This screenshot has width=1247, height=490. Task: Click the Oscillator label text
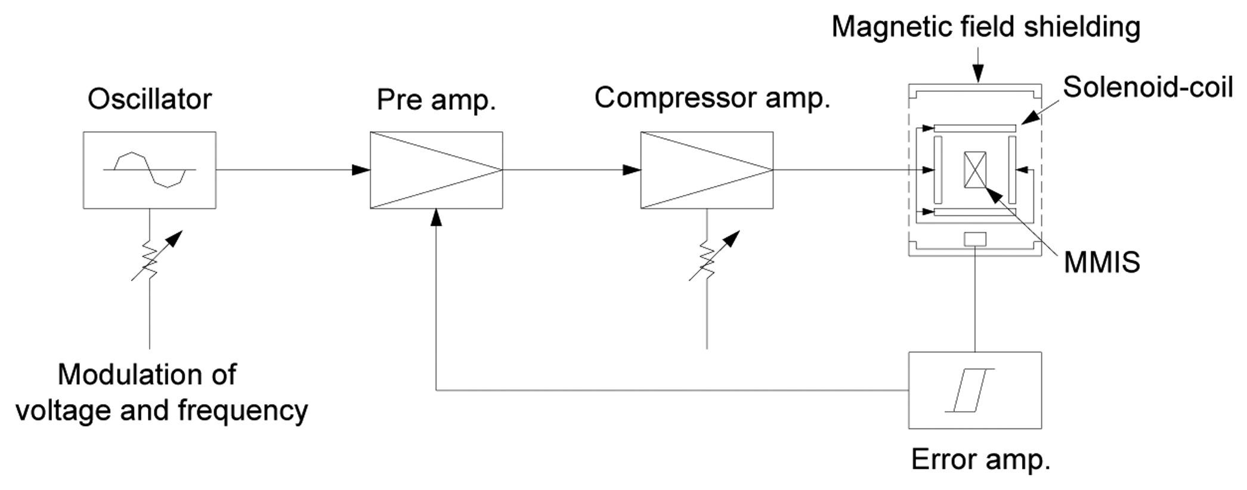tap(149, 99)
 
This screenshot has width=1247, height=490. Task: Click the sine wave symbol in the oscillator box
tap(150, 170)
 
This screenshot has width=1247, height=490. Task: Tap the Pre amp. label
tap(436, 100)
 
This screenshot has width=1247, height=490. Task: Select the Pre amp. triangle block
tap(436, 170)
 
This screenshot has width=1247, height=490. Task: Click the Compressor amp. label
tap(712, 98)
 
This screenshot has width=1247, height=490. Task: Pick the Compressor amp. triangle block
tap(707, 170)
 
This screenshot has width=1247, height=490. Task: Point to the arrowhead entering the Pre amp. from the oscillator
tap(360, 170)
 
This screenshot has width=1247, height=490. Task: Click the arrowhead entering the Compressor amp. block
tap(631, 170)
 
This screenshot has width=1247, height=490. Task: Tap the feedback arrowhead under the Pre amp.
tap(437, 218)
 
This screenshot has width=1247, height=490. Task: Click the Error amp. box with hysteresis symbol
tap(974, 390)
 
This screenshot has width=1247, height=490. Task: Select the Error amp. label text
tap(980, 460)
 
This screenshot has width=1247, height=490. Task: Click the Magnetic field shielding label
tap(985, 27)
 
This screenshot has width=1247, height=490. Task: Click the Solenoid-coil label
tap(1147, 88)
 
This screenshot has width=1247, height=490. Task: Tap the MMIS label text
tap(1101, 263)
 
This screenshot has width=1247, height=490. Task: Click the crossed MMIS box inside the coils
tap(974, 170)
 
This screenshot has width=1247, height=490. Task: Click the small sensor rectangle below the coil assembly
tap(974, 239)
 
